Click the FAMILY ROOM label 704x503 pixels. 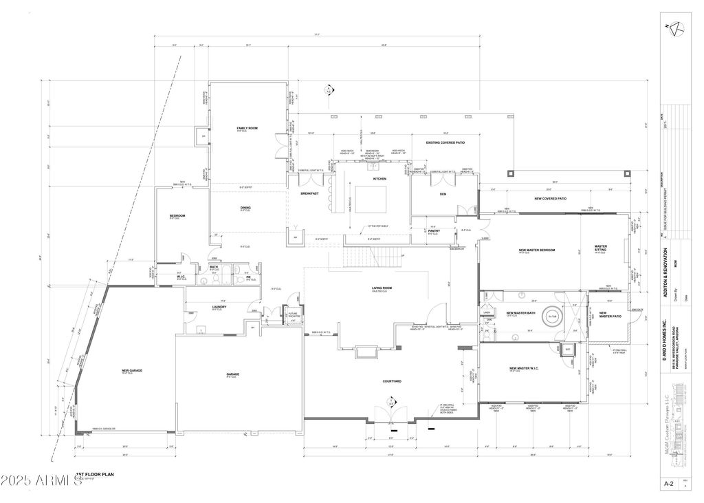pyautogui.click(x=247, y=129)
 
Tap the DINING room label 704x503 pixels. pyautogui.click(x=245, y=207)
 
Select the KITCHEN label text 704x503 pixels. pyautogui.click(x=380, y=178)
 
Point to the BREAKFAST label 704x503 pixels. pyautogui.click(x=309, y=193)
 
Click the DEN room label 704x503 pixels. pyautogui.click(x=443, y=193)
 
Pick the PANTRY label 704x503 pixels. pyautogui.click(x=434, y=231)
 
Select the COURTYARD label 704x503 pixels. pyautogui.click(x=392, y=381)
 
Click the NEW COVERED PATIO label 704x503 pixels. pyautogui.click(x=550, y=199)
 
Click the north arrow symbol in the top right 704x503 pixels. pyautogui.click(x=674, y=27)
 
